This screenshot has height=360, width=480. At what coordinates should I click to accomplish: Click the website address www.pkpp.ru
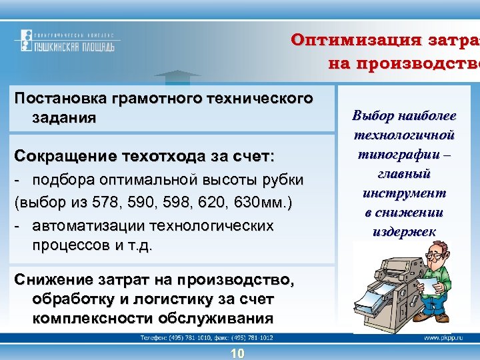[440, 339]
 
